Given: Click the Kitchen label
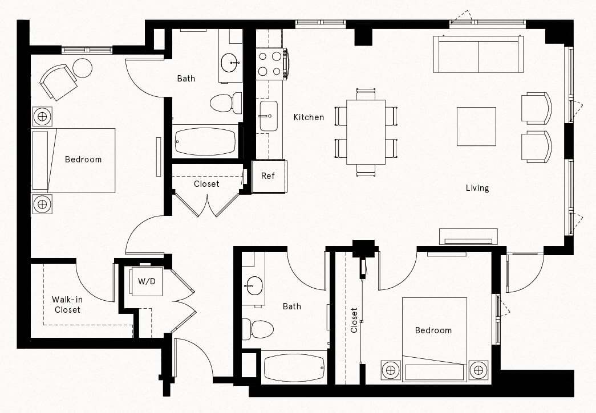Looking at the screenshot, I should click(309, 117).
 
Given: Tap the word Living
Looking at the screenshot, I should click(477, 188).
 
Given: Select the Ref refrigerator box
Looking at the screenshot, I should click(268, 176).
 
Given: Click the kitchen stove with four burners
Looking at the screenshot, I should click(271, 63).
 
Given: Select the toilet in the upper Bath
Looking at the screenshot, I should click(224, 104).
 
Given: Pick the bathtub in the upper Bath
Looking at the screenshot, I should click(205, 141).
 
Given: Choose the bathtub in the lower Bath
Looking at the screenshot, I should click(294, 366).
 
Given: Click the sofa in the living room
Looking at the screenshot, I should click(479, 55).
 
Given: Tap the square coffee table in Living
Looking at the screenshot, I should click(476, 126).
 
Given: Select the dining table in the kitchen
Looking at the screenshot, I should click(366, 132).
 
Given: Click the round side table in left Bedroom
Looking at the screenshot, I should click(83, 68).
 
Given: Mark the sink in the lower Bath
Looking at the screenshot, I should click(253, 285).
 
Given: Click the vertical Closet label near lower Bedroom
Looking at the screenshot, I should click(354, 320).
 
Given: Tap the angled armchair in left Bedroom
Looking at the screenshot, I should click(58, 81).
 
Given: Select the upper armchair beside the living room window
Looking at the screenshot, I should click(537, 108).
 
